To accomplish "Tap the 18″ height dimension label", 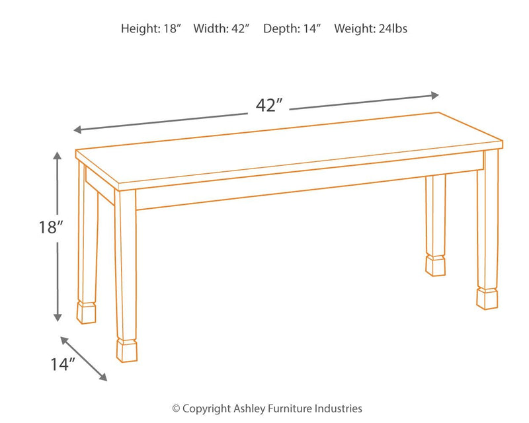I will coord(50,227).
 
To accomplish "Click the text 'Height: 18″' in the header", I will coord(151,29).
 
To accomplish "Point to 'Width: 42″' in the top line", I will coord(221,29).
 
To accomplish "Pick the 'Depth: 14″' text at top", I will coord(292,29).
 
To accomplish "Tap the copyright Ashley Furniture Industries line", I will coord(266,409).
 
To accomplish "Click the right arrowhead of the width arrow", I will coord(434,95).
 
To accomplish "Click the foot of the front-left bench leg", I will coord(127,350).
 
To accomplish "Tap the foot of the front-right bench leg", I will coord(487,297).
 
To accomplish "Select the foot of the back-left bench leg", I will coord(87,313).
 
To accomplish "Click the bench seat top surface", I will coord(284,145).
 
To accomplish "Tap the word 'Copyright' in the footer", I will coord(204,409).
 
